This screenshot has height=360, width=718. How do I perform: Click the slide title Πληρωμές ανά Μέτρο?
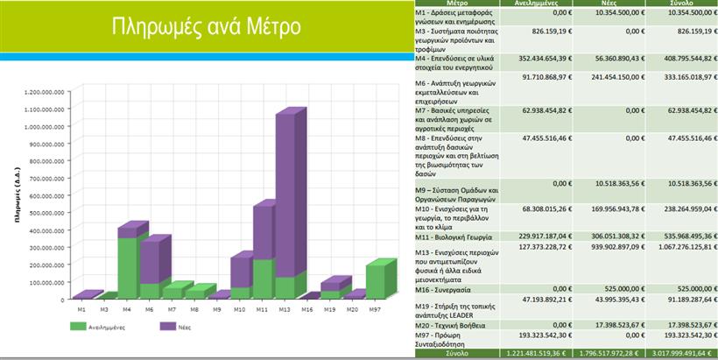click(x=208, y=26)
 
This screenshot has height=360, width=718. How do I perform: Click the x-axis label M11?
click(x=260, y=308)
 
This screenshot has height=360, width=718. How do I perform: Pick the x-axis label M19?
click(x=330, y=308)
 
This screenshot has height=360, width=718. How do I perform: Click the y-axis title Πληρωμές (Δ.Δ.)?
click(x=17, y=194)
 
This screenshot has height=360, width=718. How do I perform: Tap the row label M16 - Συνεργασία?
click(x=445, y=288)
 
